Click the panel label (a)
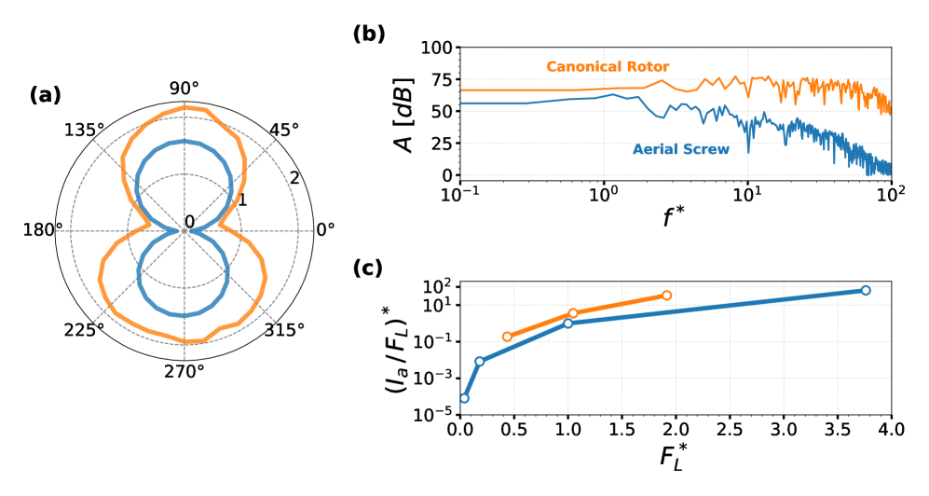coord(47,94)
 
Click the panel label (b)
coord(369,34)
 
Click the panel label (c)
coord(369,268)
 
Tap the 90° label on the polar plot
coord(184,89)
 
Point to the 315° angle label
coord(283,331)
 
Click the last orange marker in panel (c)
coord(665,296)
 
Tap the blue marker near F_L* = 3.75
coord(866,290)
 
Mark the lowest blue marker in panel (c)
coord(464,398)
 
